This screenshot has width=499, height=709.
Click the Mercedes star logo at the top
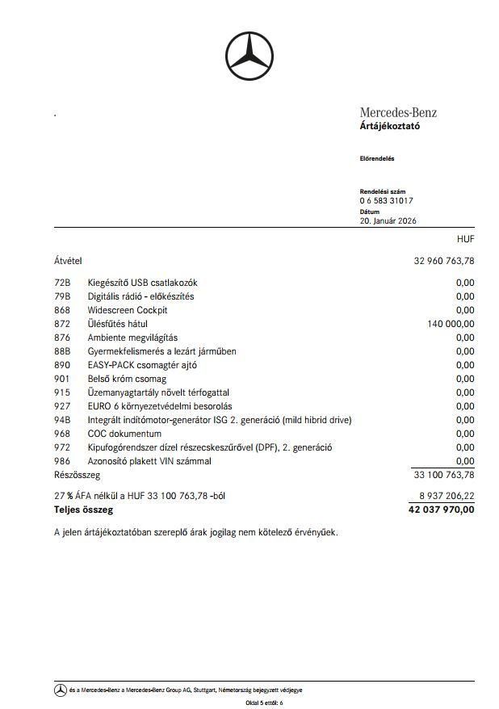249,57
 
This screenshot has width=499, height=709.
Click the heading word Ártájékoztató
390,126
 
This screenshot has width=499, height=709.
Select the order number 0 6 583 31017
387,200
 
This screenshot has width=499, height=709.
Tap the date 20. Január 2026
388,220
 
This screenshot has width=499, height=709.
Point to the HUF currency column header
465,240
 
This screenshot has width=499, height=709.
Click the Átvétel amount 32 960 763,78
444,261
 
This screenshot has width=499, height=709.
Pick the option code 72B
62,283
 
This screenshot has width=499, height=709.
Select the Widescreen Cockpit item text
128,310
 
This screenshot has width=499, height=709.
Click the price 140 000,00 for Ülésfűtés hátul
451,324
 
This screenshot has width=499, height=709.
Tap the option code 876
62,338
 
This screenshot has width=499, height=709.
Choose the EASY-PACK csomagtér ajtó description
142,365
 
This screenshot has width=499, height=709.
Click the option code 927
62,406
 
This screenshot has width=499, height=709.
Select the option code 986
62,461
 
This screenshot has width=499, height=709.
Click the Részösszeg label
77,475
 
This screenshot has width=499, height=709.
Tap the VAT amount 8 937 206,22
447,496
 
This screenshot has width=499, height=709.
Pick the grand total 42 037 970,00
442,510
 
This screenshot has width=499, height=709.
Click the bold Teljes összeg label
83,510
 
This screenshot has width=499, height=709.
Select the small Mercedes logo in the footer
61,690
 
